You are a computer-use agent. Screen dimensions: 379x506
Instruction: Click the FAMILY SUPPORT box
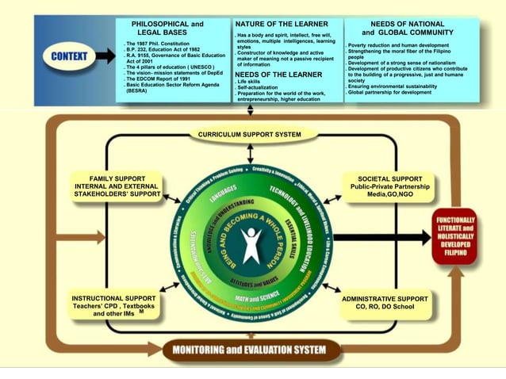click(117, 186)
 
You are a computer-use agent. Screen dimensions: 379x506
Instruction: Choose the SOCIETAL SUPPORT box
click(385, 186)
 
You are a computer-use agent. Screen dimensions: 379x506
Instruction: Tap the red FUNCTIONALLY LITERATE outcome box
click(454, 236)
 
